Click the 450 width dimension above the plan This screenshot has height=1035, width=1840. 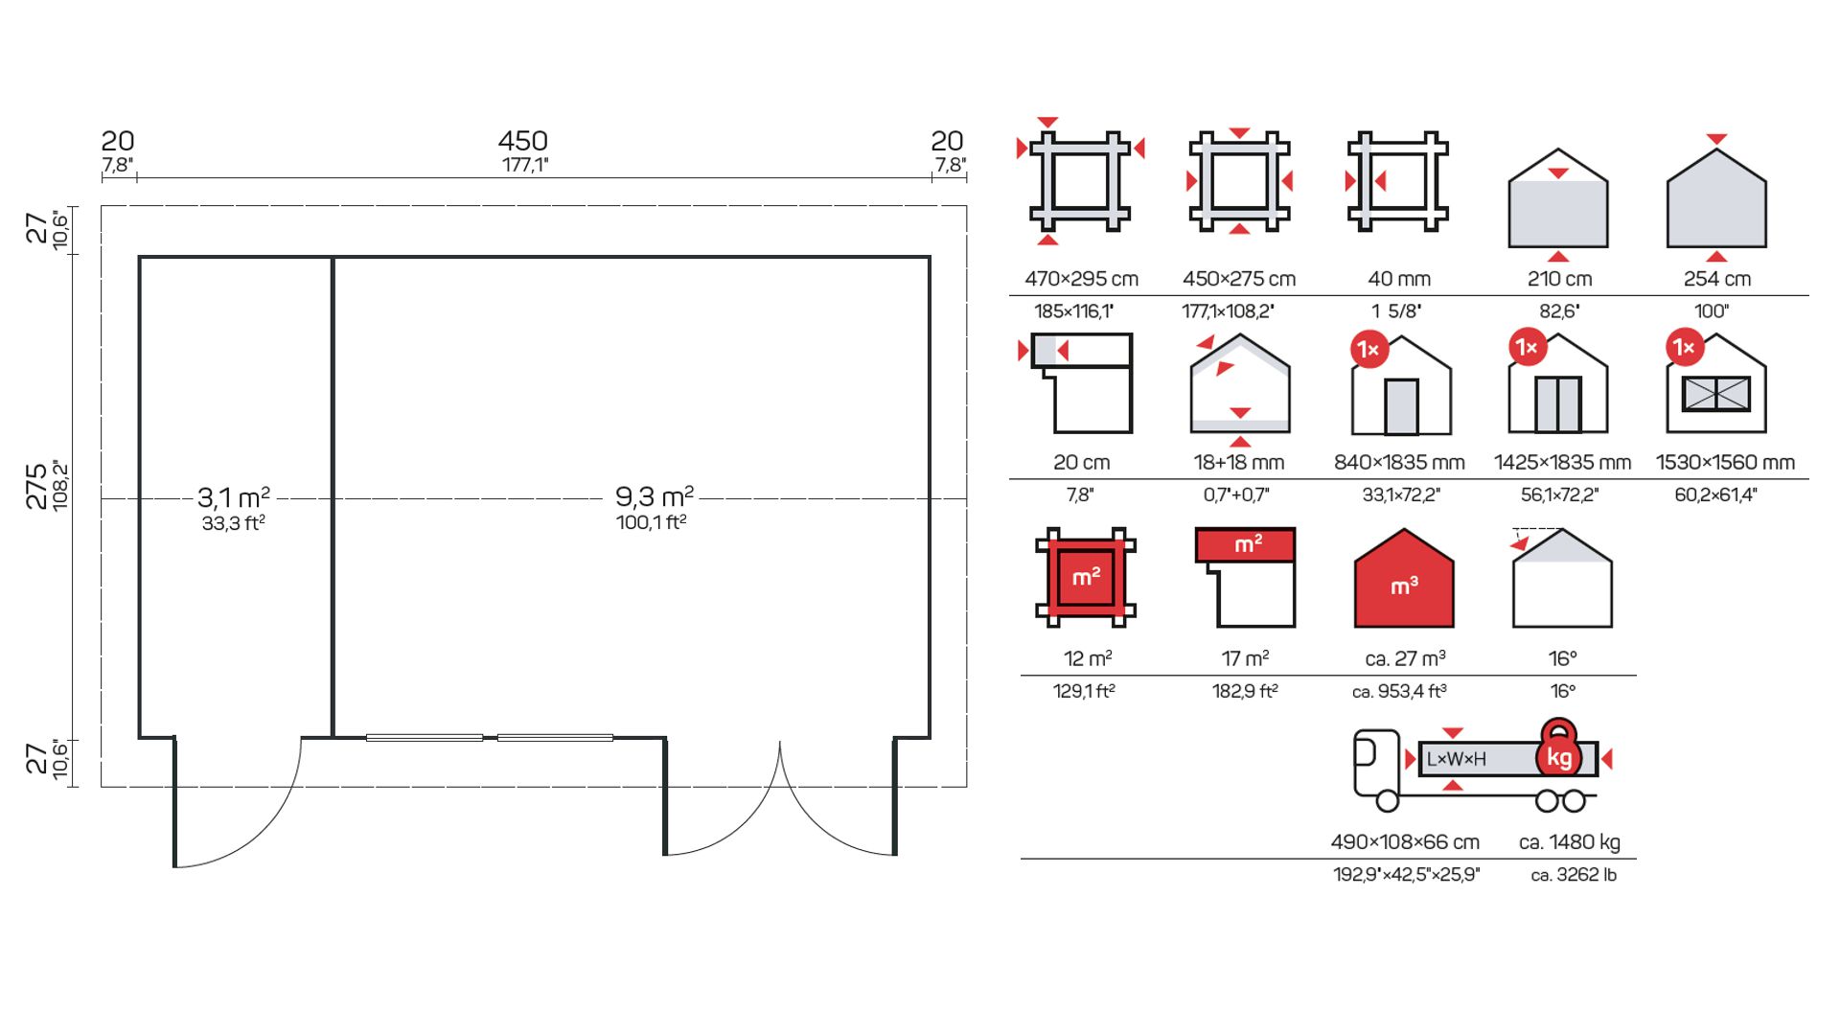[522, 142]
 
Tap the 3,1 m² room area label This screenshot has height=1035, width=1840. [234, 497]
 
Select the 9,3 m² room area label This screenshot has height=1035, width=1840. [655, 496]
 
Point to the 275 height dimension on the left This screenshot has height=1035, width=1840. [36, 486]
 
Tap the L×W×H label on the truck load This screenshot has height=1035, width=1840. [1456, 759]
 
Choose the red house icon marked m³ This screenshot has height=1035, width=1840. [1404, 578]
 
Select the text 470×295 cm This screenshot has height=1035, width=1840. [1081, 279]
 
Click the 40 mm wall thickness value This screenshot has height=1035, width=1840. [1399, 279]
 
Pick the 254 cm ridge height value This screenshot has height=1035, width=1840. [1716, 279]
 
